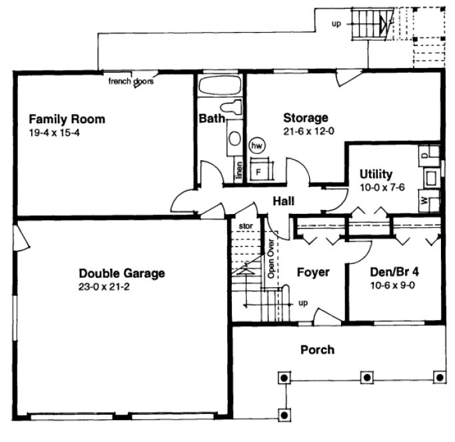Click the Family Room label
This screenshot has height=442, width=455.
(67, 119)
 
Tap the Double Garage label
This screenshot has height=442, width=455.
(121, 273)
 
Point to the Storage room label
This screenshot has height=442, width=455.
(306, 119)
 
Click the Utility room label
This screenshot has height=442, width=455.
(376, 175)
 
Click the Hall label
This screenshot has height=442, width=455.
(283, 201)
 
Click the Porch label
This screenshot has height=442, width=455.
(317, 349)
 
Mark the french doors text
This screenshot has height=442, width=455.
(132, 82)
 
